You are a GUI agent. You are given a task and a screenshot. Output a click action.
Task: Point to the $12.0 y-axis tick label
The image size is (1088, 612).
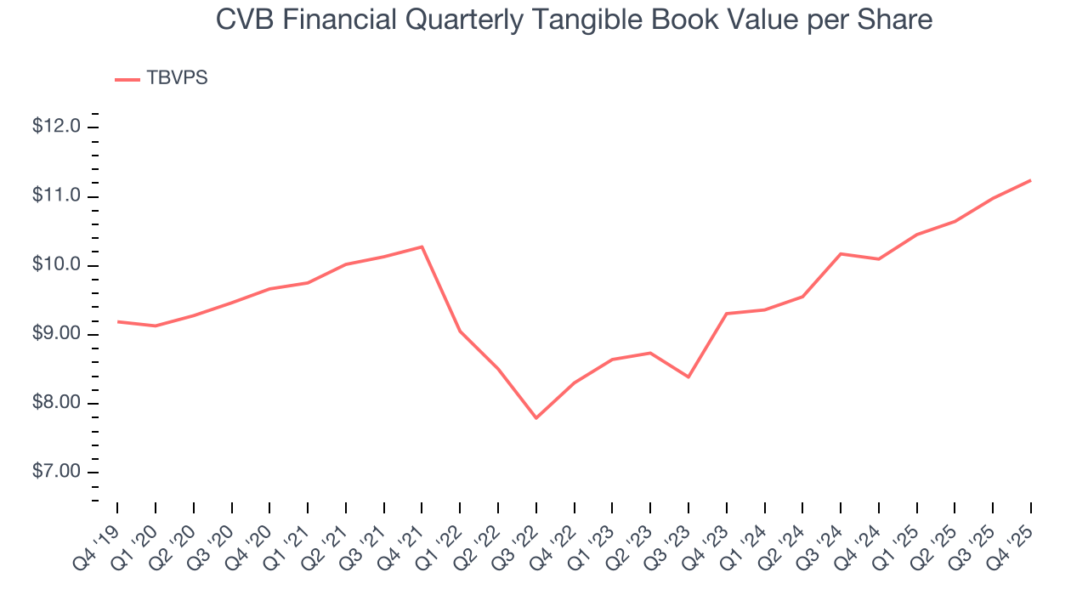click(x=56, y=127)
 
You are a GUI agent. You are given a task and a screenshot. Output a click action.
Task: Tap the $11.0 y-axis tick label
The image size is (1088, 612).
click(x=56, y=196)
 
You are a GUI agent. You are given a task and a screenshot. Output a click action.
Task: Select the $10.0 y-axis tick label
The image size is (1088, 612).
click(x=56, y=265)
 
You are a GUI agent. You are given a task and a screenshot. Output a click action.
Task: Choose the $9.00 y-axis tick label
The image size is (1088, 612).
click(x=56, y=334)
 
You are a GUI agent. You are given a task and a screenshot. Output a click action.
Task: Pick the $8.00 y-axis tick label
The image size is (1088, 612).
click(x=56, y=404)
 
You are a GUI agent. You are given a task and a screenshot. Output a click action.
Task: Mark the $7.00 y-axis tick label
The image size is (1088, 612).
click(x=56, y=473)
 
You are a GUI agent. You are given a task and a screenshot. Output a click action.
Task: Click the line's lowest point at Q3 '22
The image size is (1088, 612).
click(x=536, y=418)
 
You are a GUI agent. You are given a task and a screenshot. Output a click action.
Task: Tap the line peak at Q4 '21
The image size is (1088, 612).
click(x=422, y=246)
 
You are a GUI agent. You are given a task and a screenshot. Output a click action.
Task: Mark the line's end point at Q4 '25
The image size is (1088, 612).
click(x=1031, y=180)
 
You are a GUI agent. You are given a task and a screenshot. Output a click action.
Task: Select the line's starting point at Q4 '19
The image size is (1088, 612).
click(x=116, y=321)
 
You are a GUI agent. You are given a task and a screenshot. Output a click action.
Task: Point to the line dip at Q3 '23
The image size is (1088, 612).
click(x=688, y=377)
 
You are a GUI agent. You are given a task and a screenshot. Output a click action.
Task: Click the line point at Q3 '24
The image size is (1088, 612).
click(x=841, y=253)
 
